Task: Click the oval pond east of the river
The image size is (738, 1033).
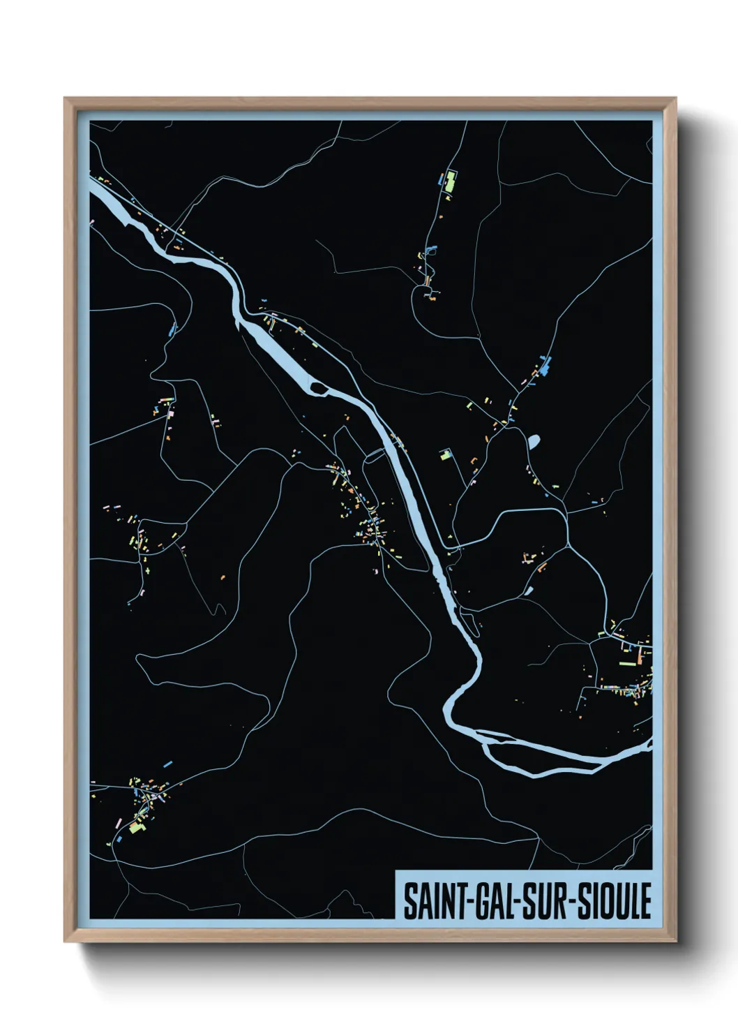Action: (x=534, y=442)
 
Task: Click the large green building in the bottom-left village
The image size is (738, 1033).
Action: (x=135, y=828)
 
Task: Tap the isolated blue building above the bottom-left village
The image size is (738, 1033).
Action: (x=167, y=765)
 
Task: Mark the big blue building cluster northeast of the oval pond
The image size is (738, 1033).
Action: (x=545, y=364)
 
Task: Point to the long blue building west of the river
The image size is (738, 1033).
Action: (x=172, y=328)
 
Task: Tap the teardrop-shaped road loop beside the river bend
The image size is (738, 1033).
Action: (x=471, y=621)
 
